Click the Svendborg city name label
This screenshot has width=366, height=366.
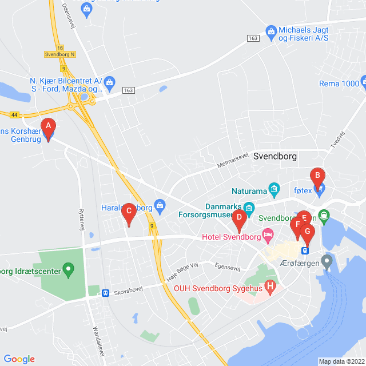pos(277,155)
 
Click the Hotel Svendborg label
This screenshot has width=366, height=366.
pos(231,236)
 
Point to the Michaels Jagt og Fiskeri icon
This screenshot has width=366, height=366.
pos(271,30)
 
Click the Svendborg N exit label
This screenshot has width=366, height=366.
pos(59,54)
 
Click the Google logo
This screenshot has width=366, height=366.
pos(19,359)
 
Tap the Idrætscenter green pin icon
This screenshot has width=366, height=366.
pos(68,268)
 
